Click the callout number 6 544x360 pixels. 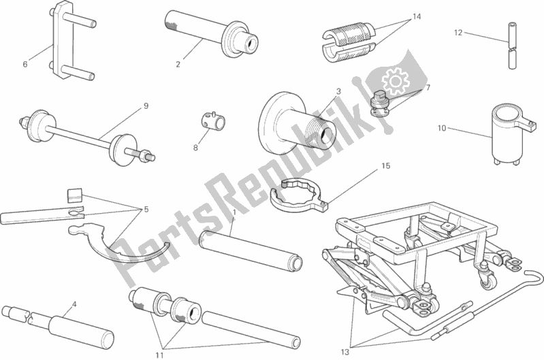[25, 65]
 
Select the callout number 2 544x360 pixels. [178, 65]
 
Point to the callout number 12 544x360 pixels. [458, 32]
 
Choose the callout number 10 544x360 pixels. [441, 127]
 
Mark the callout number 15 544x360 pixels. [385, 165]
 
